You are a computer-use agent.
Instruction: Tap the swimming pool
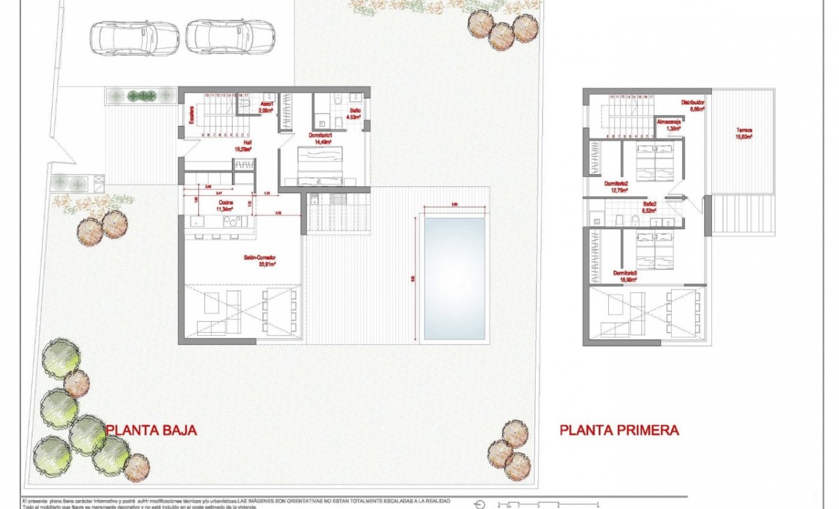click(x=454, y=278)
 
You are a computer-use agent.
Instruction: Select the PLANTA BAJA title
click(x=151, y=430)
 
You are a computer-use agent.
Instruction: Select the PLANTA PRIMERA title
click(x=619, y=430)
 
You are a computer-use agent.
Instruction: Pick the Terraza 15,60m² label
click(x=744, y=133)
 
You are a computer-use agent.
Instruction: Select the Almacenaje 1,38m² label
click(x=672, y=124)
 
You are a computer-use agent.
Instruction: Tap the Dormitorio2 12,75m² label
click(x=616, y=186)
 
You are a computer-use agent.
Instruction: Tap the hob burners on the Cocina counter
click(x=229, y=221)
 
